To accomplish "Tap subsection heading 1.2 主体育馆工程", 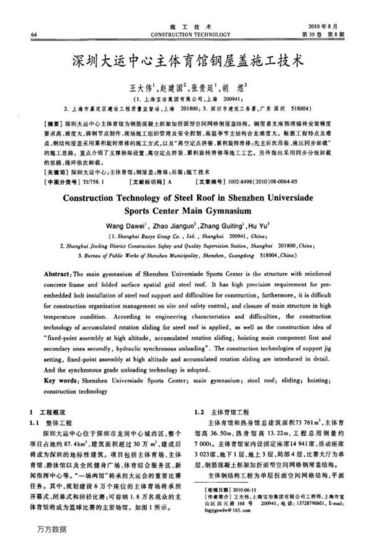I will (225, 411).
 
